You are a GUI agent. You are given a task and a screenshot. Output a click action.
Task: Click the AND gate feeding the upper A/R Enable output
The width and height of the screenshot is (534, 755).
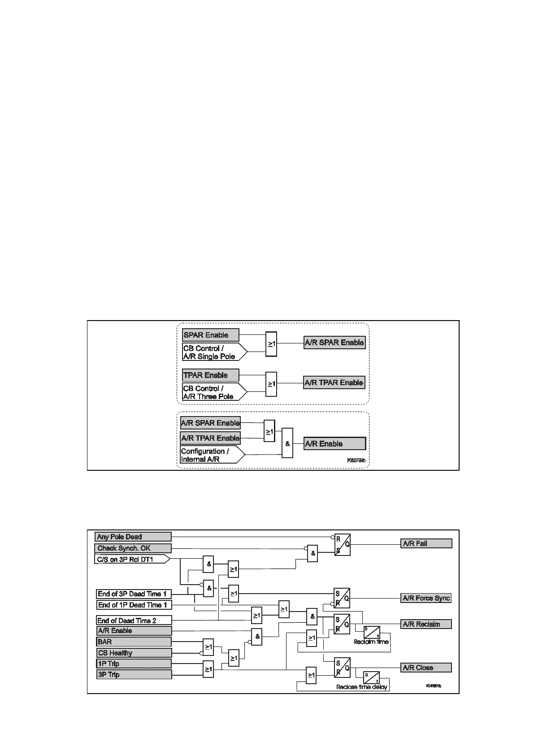pyautogui.click(x=287, y=443)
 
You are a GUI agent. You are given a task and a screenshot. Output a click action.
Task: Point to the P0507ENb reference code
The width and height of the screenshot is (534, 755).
pyautogui.click(x=356, y=460)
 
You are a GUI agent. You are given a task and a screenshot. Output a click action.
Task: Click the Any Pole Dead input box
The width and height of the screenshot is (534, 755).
pyautogui.click(x=134, y=537)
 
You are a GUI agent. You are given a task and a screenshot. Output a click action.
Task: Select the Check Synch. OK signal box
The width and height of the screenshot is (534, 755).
pyautogui.click(x=134, y=548)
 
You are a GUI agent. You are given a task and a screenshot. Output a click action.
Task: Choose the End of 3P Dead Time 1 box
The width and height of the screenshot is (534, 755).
pyautogui.click(x=134, y=594)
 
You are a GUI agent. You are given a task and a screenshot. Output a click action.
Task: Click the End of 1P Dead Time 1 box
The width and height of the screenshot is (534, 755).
pyautogui.click(x=134, y=605)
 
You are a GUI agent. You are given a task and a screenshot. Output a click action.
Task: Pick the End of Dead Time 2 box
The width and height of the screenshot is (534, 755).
pyautogui.click(x=134, y=620)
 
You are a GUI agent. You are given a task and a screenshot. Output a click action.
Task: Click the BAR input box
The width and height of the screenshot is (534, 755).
pyautogui.click(x=134, y=642)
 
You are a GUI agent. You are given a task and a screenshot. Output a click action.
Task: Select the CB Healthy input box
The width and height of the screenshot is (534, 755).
pyautogui.click(x=134, y=653)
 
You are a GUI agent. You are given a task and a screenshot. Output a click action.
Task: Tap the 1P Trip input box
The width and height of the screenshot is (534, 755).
pyautogui.click(x=134, y=664)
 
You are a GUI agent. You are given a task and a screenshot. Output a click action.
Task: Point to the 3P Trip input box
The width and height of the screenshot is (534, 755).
pyautogui.click(x=134, y=674)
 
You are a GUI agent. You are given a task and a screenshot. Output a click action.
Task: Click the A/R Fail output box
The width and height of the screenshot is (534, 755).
pyautogui.click(x=426, y=543)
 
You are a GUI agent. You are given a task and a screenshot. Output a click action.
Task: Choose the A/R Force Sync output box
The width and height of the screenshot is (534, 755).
pyautogui.click(x=426, y=598)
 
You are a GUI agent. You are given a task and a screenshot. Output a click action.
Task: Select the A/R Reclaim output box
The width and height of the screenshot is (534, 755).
pyautogui.click(x=426, y=624)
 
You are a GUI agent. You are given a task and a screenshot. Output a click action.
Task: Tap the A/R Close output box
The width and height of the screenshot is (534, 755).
pyautogui.click(x=426, y=668)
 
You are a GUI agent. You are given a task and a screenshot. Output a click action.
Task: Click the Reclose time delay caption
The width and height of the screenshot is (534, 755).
pyautogui.click(x=362, y=687)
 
